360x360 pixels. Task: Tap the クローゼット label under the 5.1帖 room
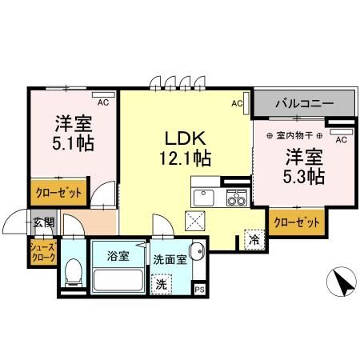click(58, 193)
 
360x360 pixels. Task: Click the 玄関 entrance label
click(43, 222)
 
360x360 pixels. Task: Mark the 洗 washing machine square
click(162, 282)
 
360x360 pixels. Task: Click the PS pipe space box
click(200, 289)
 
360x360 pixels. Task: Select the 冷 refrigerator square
click(254, 238)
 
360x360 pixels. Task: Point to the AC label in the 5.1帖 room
click(102, 102)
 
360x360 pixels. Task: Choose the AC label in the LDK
click(237, 103)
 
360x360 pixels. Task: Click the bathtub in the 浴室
click(118, 281)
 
